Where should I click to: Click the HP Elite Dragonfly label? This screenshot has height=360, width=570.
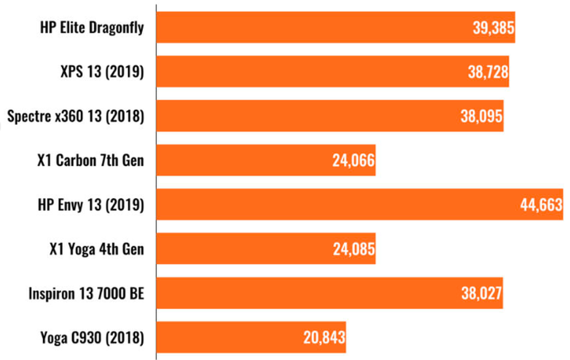[93, 27]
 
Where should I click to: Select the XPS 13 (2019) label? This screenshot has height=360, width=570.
[102, 72]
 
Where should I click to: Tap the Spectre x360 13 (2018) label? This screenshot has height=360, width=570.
[75, 116]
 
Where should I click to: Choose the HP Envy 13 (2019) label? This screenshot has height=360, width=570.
[91, 205]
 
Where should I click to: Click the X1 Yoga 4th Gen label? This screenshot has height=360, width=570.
[97, 249]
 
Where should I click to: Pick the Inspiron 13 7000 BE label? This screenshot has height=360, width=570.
[86, 293]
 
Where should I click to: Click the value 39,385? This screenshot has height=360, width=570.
[494, 28]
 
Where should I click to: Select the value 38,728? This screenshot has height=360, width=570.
[488, 73]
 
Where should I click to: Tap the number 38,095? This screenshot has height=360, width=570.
[482, 117]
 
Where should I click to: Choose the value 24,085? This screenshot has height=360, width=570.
[353, 250]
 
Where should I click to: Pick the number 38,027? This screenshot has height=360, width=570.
[481, 294]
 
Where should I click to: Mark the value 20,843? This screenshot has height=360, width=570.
[324, 338]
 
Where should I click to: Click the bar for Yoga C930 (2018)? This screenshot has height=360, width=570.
[229, 338]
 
